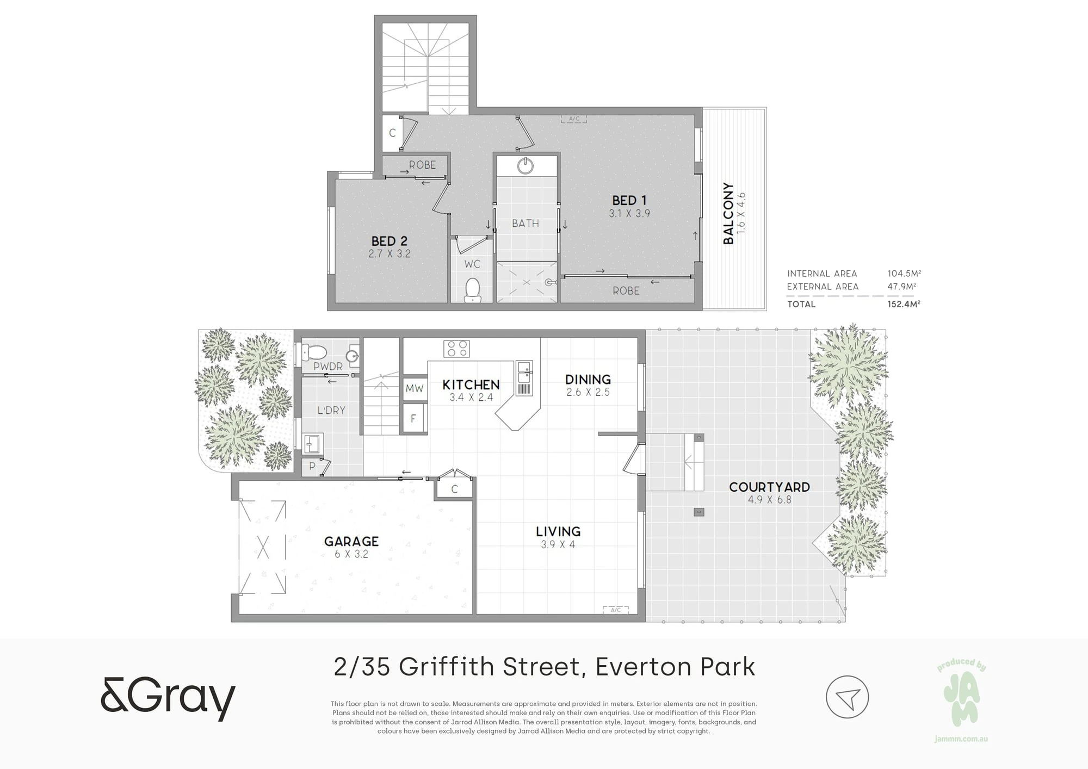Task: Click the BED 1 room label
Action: (629, 200)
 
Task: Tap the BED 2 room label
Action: (389, 241)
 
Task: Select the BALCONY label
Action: (728, 213)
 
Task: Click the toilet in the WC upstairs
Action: (472, 290)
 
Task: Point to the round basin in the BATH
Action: (526, 165)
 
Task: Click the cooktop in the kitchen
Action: (456, 348)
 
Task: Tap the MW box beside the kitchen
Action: (415, 388)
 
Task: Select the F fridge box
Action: (413, 418)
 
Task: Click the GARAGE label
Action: (351, 541)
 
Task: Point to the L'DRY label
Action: (331, 410)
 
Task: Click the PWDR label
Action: (328, 367)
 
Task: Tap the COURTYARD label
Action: (769, 487)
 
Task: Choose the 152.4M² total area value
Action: (904, 304)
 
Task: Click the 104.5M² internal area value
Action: (904, 274)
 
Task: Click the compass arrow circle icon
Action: (847, 697)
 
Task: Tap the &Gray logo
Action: (168, 698)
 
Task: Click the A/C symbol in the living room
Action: (616, 610)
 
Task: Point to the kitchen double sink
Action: (524, 372)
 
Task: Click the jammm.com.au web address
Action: (961, 739)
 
